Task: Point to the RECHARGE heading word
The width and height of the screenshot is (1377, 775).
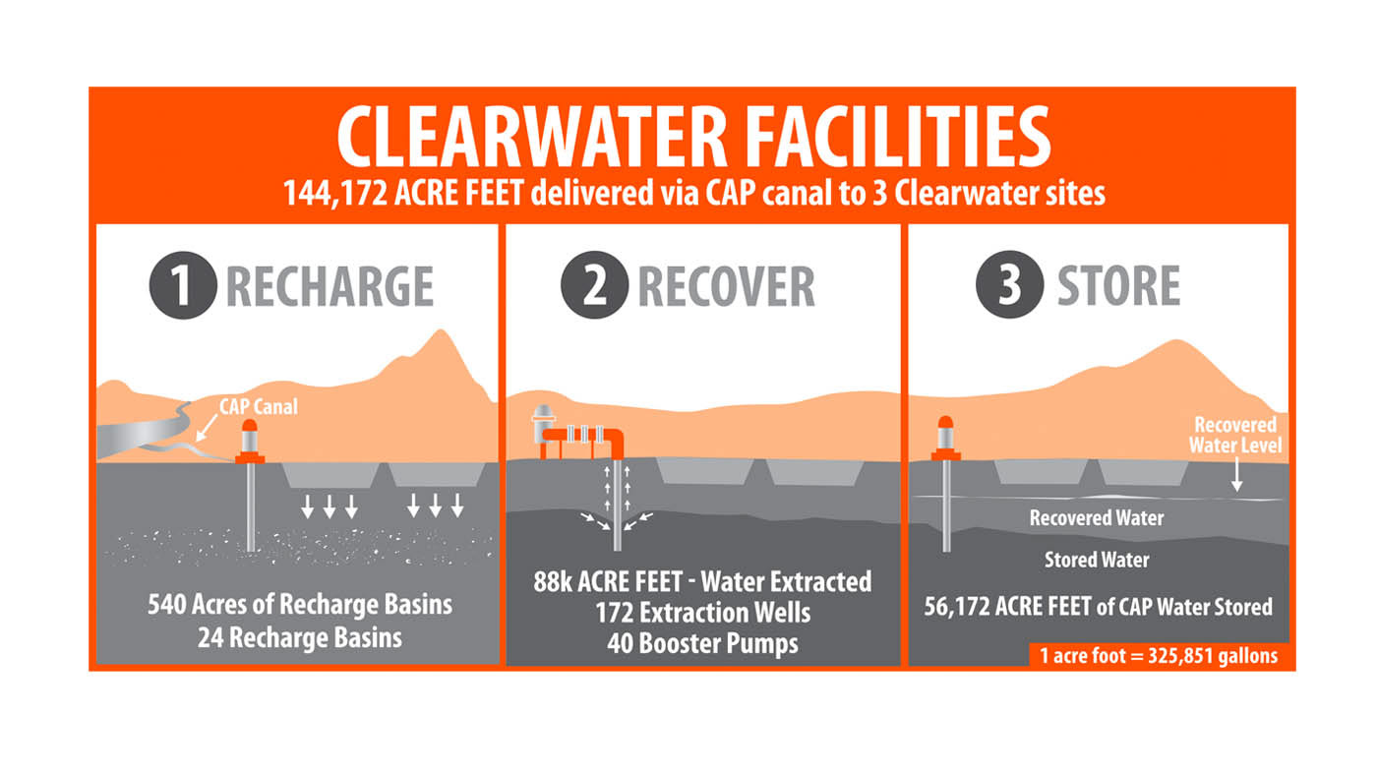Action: tap(329, 285)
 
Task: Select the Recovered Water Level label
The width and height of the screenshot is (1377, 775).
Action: tap(1234, 435)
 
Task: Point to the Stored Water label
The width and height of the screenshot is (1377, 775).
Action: tap(1097, 560)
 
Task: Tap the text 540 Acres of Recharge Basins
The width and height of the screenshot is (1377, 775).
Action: tap(299, 603)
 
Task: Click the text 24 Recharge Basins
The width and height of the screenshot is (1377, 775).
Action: tap(299, 637)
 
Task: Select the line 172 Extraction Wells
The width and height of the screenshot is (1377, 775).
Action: tap(702, 613)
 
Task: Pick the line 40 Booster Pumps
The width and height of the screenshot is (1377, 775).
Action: tap(702, 644)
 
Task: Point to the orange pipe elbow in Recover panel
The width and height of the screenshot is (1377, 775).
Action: tap(616, 439)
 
